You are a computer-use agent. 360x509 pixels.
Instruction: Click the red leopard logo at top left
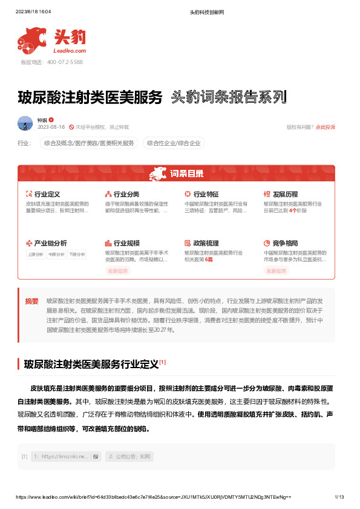pos(34,40)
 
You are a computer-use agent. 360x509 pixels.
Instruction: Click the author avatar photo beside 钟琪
pos(25,123)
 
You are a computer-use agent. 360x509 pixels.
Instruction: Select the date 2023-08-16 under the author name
pos(51,127)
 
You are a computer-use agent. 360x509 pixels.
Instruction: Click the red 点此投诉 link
pos(325,127)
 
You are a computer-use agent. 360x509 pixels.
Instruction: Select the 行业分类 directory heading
pos(126,194)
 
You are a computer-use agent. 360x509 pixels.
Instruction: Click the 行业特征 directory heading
pos(206,194)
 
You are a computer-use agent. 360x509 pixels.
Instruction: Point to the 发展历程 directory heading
pos(285,194)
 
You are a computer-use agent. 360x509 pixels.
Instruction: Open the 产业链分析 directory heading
pos(50,242)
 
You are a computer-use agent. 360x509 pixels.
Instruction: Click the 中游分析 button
pos(56,254)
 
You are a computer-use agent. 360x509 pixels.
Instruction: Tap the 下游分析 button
pos(77,254)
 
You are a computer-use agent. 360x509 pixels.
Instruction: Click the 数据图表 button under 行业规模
pos(118,271)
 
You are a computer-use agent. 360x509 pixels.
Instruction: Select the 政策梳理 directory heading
pos(206,242)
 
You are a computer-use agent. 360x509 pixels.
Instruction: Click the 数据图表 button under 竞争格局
pos(277,271)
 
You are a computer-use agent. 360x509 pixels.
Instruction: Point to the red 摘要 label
pos(31,300)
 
